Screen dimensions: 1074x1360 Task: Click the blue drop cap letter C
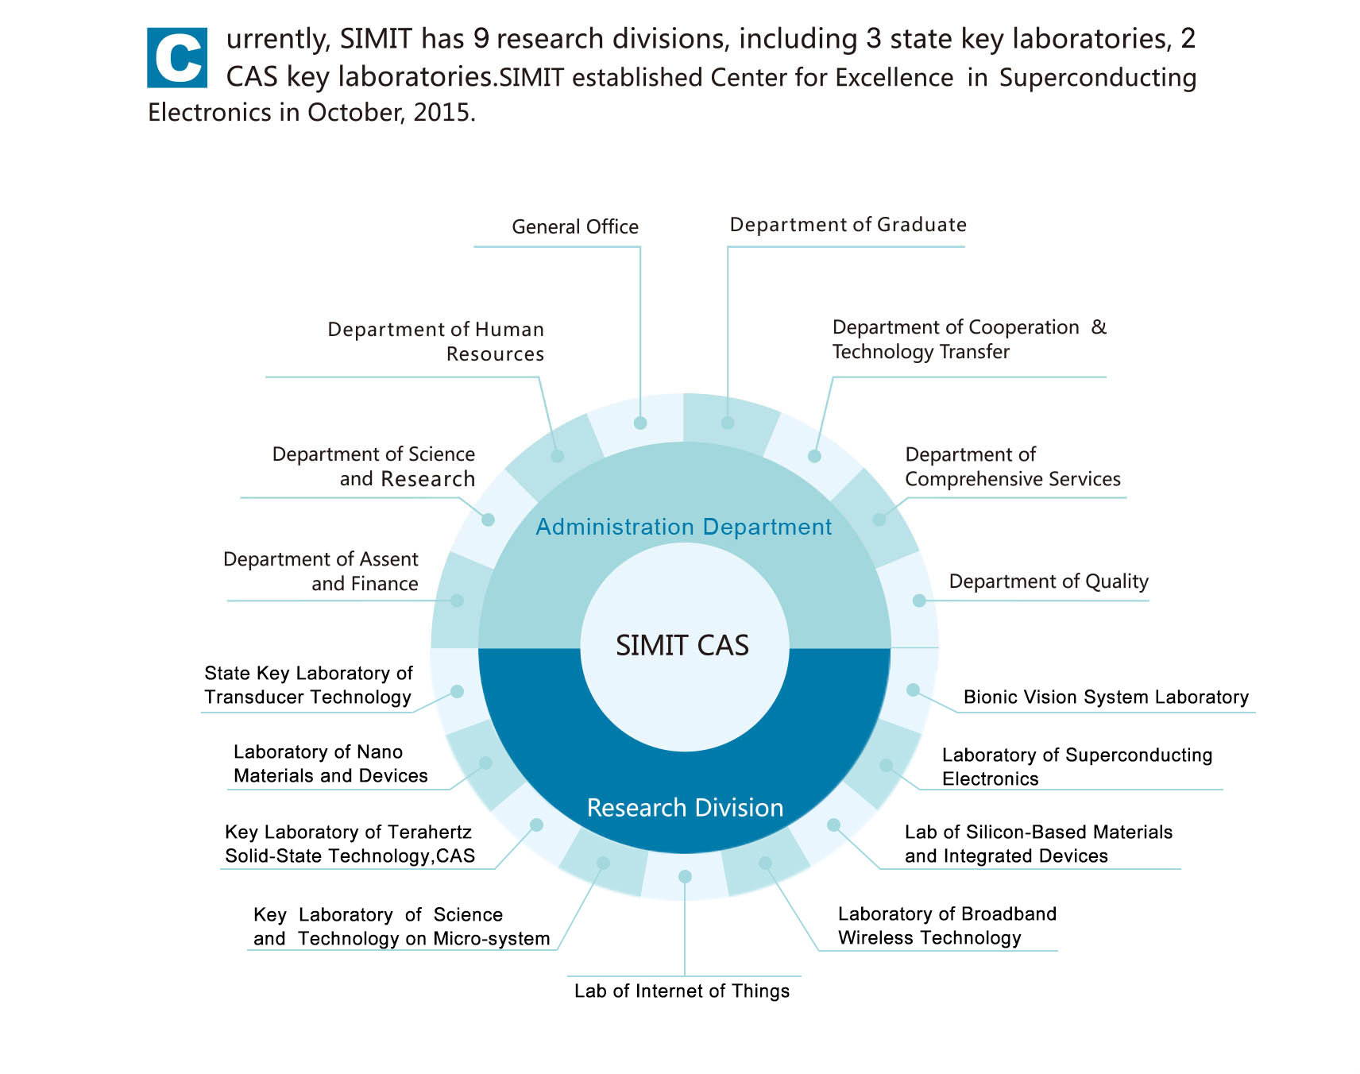coord(177,58)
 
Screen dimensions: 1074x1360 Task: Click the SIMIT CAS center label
coord(682,645)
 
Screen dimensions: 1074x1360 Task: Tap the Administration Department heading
coord(683,527)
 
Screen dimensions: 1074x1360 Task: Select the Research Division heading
coord(685,807)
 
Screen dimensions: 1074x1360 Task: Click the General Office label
coord(575,227)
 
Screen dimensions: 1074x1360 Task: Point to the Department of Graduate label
coord(848,225)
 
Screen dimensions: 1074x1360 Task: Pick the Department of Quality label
coord(1049,581)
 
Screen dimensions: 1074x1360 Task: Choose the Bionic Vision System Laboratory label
coord(1106,697)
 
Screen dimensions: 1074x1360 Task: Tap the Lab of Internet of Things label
coord(682,991)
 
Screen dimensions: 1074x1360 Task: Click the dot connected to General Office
coord(640,423)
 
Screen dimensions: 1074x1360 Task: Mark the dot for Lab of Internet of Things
coord(685,876)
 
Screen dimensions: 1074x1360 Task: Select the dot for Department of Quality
coord(919,601)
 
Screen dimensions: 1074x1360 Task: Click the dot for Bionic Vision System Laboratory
coord(914,690)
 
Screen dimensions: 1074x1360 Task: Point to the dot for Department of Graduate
coord(728,423)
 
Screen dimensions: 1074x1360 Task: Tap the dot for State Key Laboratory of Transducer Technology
coord(457,692)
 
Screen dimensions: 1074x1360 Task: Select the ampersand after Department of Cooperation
coord(1099,327)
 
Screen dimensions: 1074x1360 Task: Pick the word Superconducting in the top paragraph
coord(1098,78)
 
